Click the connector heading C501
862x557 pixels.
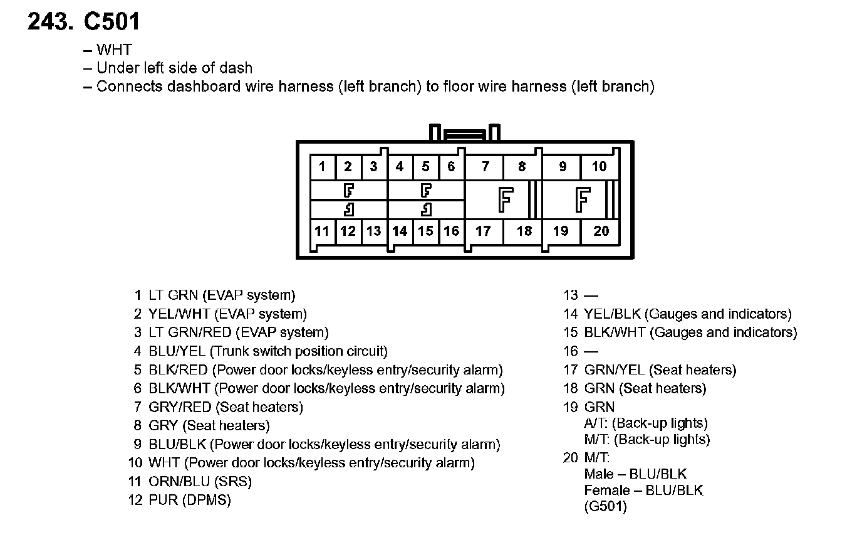coord(112,22)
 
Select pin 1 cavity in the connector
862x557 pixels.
coord(322,167)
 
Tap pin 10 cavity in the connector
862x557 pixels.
coord(599,167)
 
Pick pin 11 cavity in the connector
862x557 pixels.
coord(322,231)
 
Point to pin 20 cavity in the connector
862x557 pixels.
coord(601,231)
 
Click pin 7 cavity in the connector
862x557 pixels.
coord(485,167)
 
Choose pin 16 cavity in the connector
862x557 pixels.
coord(451,231)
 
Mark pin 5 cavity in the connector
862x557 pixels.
coord(425,167)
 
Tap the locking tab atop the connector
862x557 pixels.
coord(464,134)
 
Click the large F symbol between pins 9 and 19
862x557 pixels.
coord(583,199)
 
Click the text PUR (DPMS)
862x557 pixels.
coord(190,500)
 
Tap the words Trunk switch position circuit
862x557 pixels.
coord(299,351)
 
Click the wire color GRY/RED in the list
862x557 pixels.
coord(180,407)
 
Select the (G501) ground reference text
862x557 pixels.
coord(605,506)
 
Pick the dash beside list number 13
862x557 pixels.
coord(591,295)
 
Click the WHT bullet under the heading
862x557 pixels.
coord(114,50)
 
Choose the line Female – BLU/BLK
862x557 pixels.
coord(643,490)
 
